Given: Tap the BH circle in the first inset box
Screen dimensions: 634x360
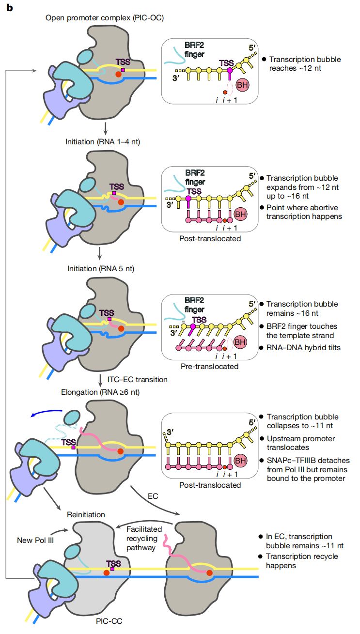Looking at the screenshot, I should coord(242,85).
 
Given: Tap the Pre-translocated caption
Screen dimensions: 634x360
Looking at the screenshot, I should coord(214,366).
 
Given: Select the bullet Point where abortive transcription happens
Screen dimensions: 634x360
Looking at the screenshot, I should coord(304,212).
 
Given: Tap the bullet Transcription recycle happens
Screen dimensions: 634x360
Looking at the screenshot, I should coord(302,561).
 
